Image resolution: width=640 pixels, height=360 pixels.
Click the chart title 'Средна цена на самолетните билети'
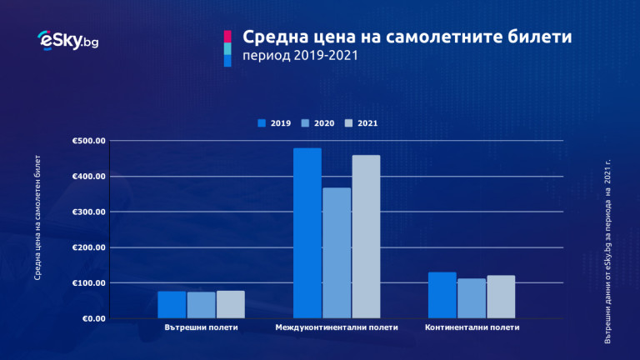pos(407,38)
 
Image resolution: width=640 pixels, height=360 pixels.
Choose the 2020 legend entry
pos(318,123)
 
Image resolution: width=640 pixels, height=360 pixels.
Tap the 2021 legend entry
pos(362,123)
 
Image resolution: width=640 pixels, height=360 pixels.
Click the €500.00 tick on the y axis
pos(89,141)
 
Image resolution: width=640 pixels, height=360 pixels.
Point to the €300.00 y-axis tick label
pos(89,212)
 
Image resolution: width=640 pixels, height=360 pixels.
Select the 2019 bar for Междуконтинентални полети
pos(307,233)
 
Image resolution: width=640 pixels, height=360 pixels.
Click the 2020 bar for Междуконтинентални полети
pos(337,252)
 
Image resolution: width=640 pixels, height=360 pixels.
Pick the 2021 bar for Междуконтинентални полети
pos(366,237)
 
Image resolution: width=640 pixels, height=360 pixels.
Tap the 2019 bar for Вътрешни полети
pos(172,305)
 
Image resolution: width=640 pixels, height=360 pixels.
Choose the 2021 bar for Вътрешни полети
pos(230,305)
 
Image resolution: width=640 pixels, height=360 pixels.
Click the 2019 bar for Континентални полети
pos(442,295)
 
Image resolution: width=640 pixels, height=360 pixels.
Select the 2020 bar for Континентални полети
pos(472,298)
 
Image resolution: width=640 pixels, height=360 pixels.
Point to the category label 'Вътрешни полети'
pos(201,327)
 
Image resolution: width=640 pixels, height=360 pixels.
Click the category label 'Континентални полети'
pos(472,327)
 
